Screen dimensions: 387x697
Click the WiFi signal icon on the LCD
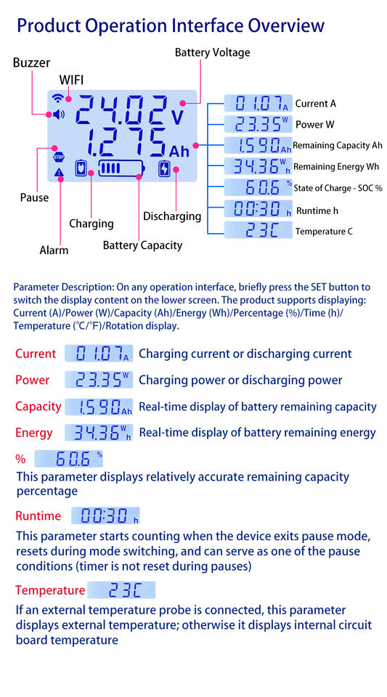pyautogui.click(x=57, y=98)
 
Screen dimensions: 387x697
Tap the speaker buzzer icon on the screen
pyautogui.click(x=59, y=115)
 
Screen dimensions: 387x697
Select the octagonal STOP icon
pyautogui.click(x=59, y=157)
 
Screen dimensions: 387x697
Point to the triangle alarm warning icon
pyautogui.click(x=59, y=173)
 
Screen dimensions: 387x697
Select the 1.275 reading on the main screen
pyautogui.click(x=124, y=143)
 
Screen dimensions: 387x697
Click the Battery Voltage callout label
pyautogui.click(x=213, y=52)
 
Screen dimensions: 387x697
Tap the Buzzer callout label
pyautogui.click(x=31, y=62)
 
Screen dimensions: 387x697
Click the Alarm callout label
pyautogui.click(x=54, y=250)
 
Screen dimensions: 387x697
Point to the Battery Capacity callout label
pyautogui.click(x=142, y=245)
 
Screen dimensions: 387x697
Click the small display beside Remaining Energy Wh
pyautogui.click(x=258, y=166)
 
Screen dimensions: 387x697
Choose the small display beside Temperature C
pyautogui.click(x=258, y=230)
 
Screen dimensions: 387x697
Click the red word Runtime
pyautogui.click(x=38, y=515)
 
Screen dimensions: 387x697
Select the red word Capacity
pyautogui.click(x=38, y=407)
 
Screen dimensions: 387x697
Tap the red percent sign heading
pyautogui.click(x=20, y=459)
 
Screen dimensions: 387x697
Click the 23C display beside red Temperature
pyautogui.click(x=121, y=590)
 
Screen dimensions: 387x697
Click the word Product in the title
pyautogui.click(x=49, y=26)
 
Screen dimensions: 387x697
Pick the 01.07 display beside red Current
pyautogui.click(x=99, y=354)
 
